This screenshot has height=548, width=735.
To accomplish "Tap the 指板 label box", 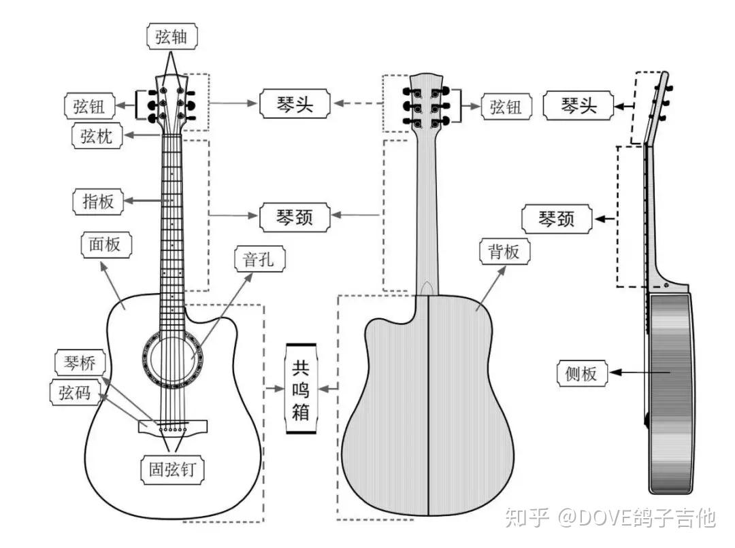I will coord(98,201).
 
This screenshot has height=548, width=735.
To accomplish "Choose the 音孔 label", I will coord(259,258).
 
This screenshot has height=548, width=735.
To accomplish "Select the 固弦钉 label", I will coord(173,470).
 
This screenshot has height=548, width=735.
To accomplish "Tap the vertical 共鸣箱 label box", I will coord(300,390).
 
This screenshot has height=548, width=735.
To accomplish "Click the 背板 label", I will coord(504,252).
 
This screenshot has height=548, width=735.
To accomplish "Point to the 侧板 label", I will coord(581,373).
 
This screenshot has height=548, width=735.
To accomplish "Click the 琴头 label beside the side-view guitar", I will coord(578,105).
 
